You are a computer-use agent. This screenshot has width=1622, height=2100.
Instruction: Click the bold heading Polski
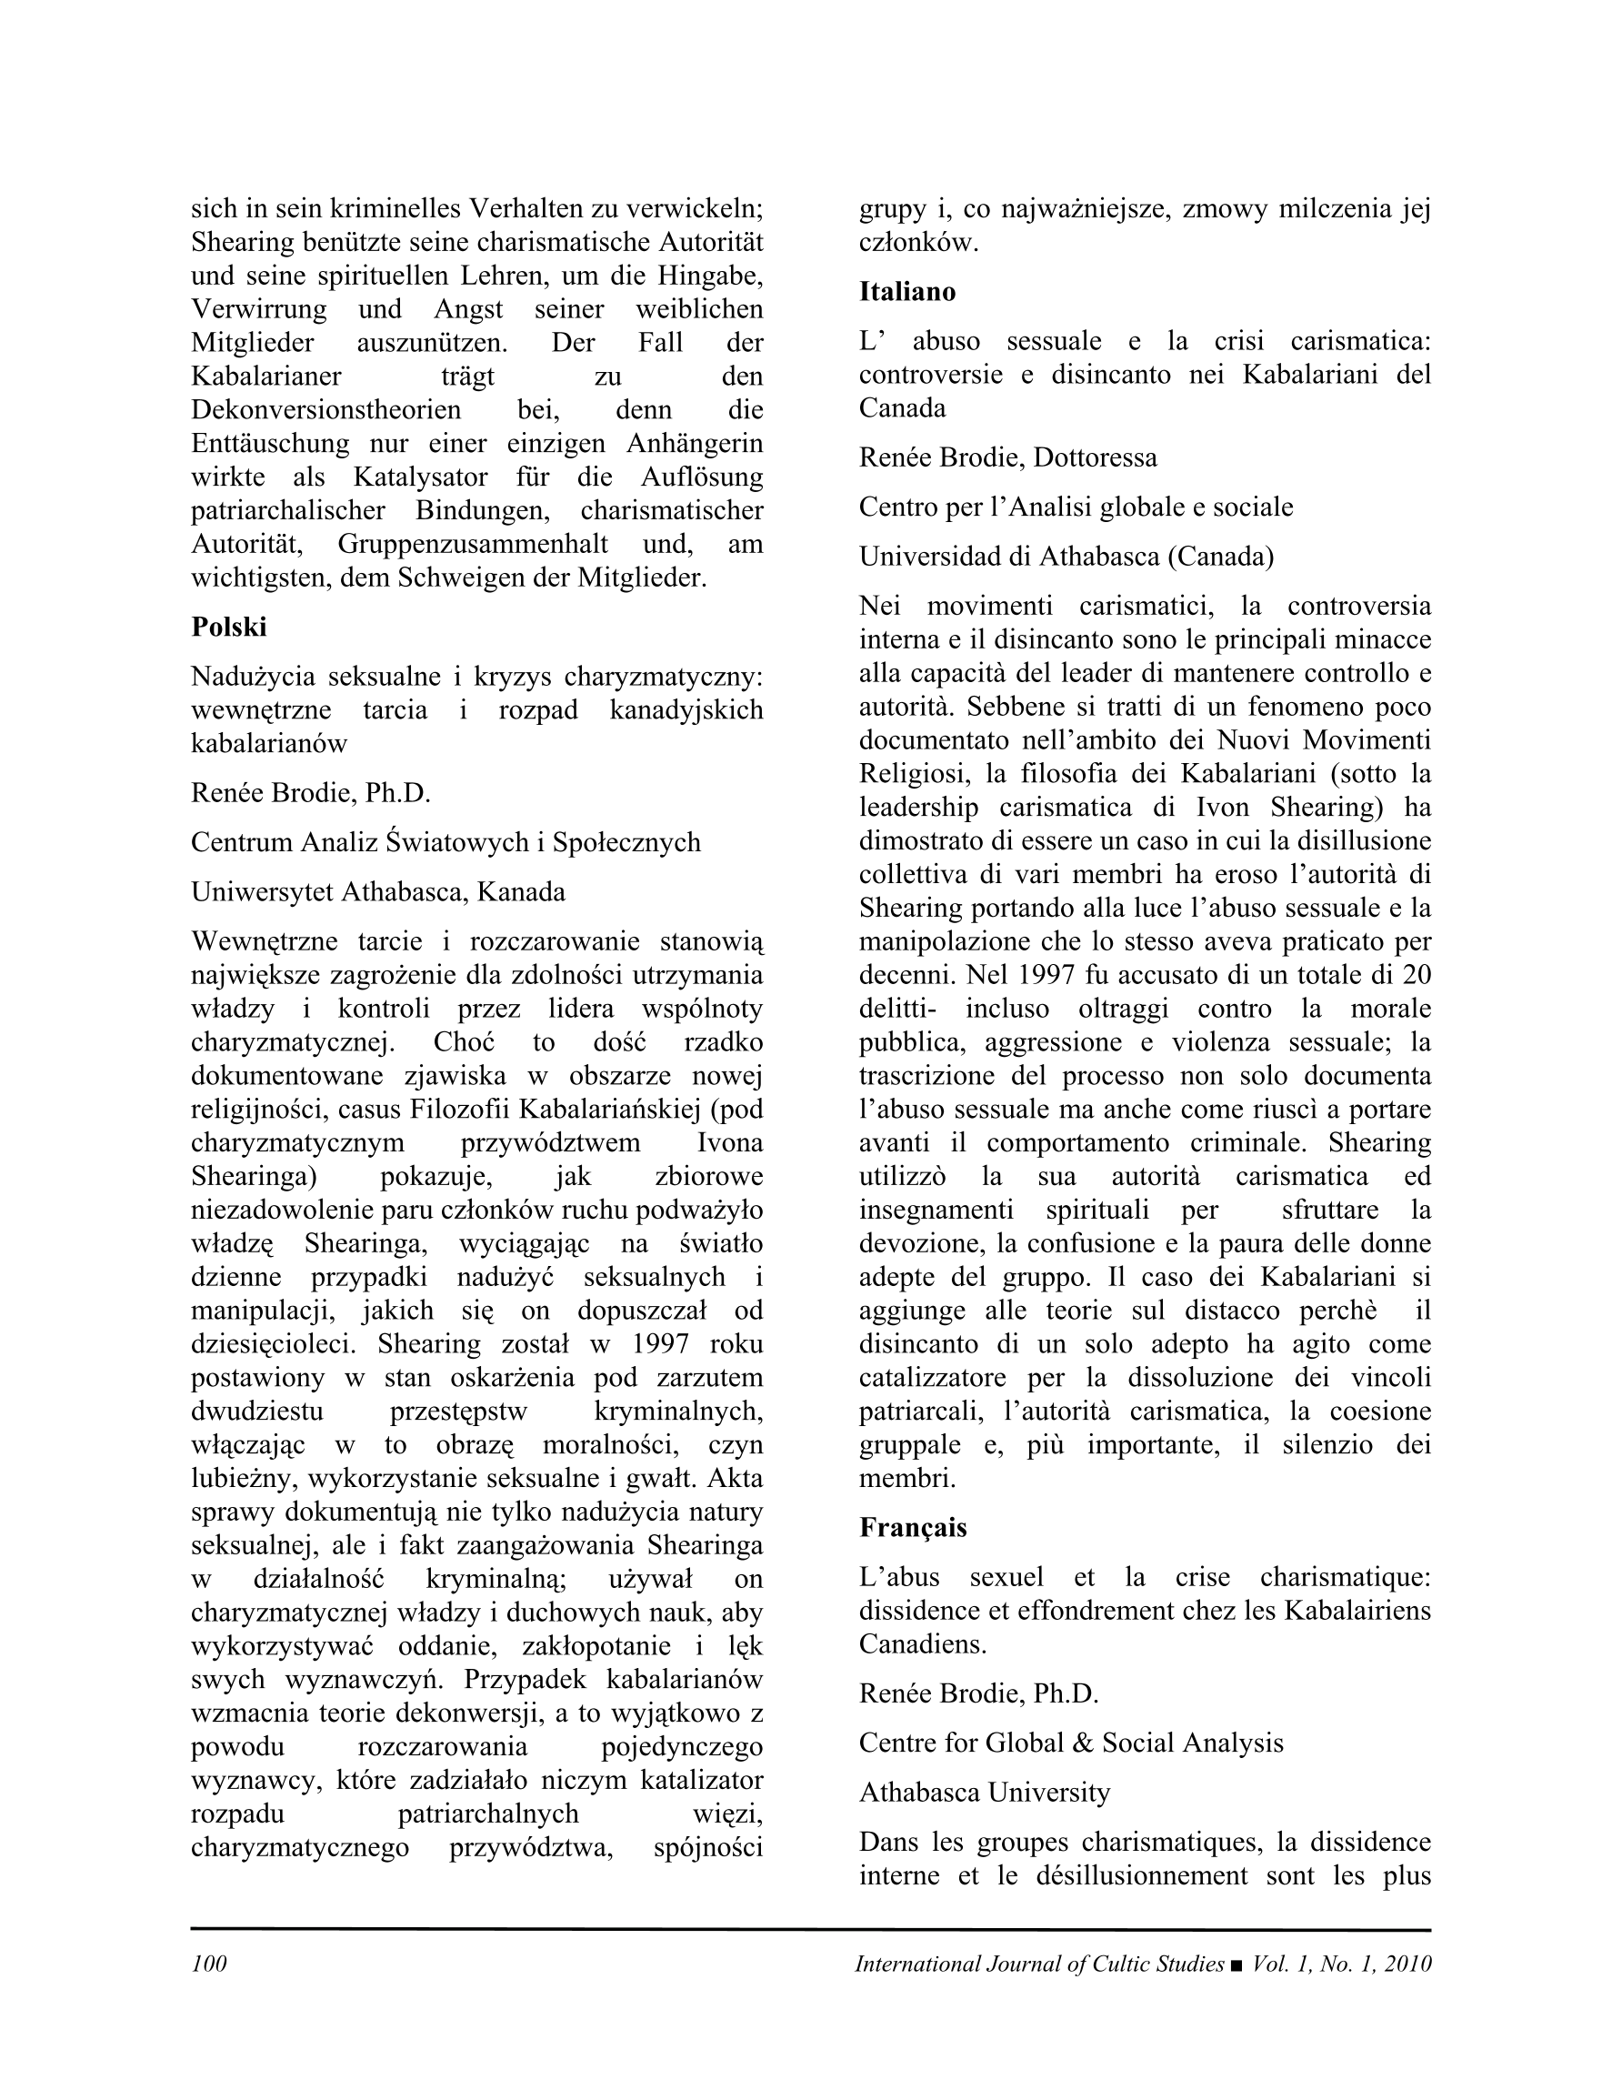(229, 627)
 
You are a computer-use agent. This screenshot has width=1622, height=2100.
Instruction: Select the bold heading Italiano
(906, 291)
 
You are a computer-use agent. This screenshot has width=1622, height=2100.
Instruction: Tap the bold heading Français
(913, 1528)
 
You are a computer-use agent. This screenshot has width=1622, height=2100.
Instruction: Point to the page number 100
(208, 1964)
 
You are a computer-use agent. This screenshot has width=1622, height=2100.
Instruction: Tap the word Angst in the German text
(468, 309)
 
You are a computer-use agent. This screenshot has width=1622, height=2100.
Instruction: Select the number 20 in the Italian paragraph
(1417, 975)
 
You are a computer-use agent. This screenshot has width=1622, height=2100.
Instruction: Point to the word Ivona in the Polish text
(730, 1143)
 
